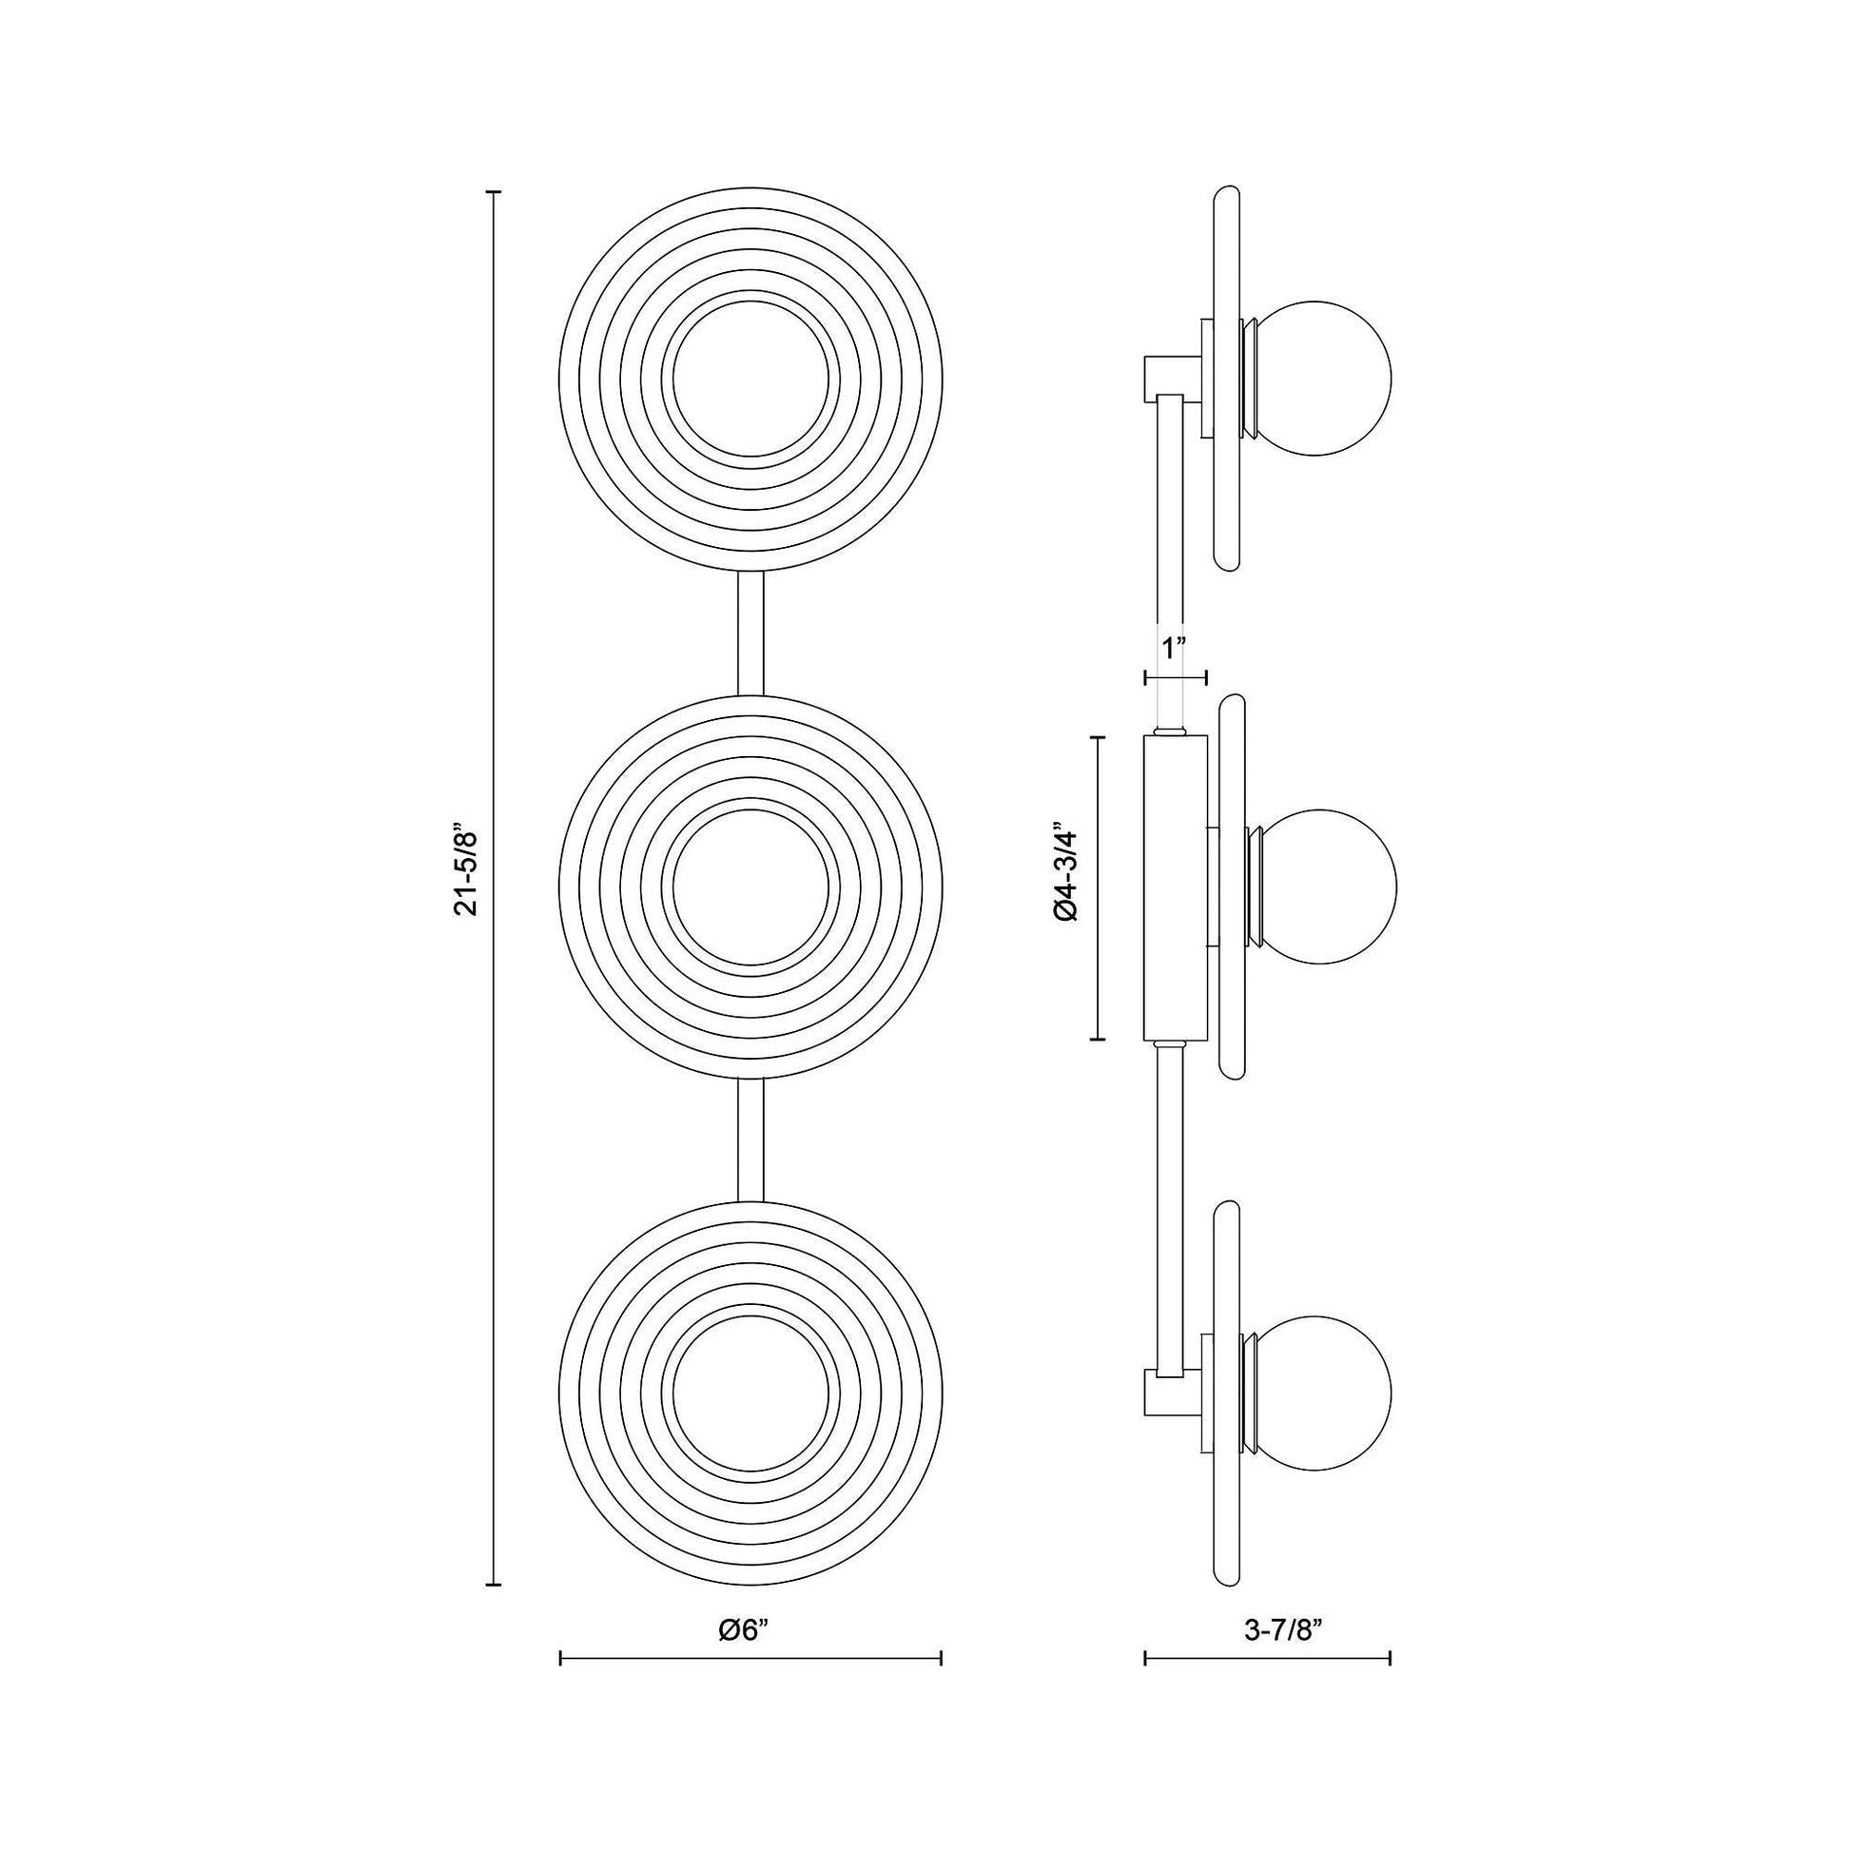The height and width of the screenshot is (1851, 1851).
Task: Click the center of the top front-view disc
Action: coord(751,380)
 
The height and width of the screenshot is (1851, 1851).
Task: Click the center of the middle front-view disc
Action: coord(751,887)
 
